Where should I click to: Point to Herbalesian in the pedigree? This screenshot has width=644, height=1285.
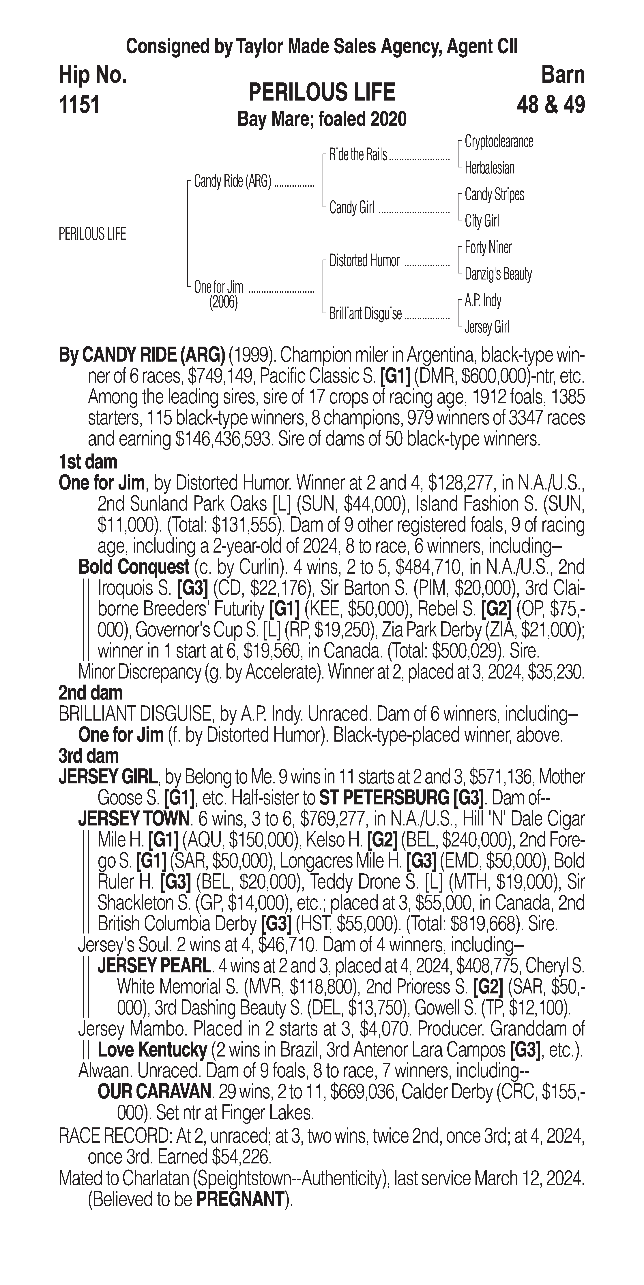coord(489,168)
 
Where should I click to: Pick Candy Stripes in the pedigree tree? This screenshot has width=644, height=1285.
coord(494,194)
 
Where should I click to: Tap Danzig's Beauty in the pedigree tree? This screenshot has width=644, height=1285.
coord(498,274)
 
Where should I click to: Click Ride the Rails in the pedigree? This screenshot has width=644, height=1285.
coord(358,155)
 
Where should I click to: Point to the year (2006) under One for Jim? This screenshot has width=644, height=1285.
coord(223,302)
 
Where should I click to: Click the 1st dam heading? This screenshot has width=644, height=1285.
coord(88,462)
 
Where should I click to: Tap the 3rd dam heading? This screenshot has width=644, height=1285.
coord(88,756)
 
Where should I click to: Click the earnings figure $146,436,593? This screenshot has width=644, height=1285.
coord(222,439)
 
